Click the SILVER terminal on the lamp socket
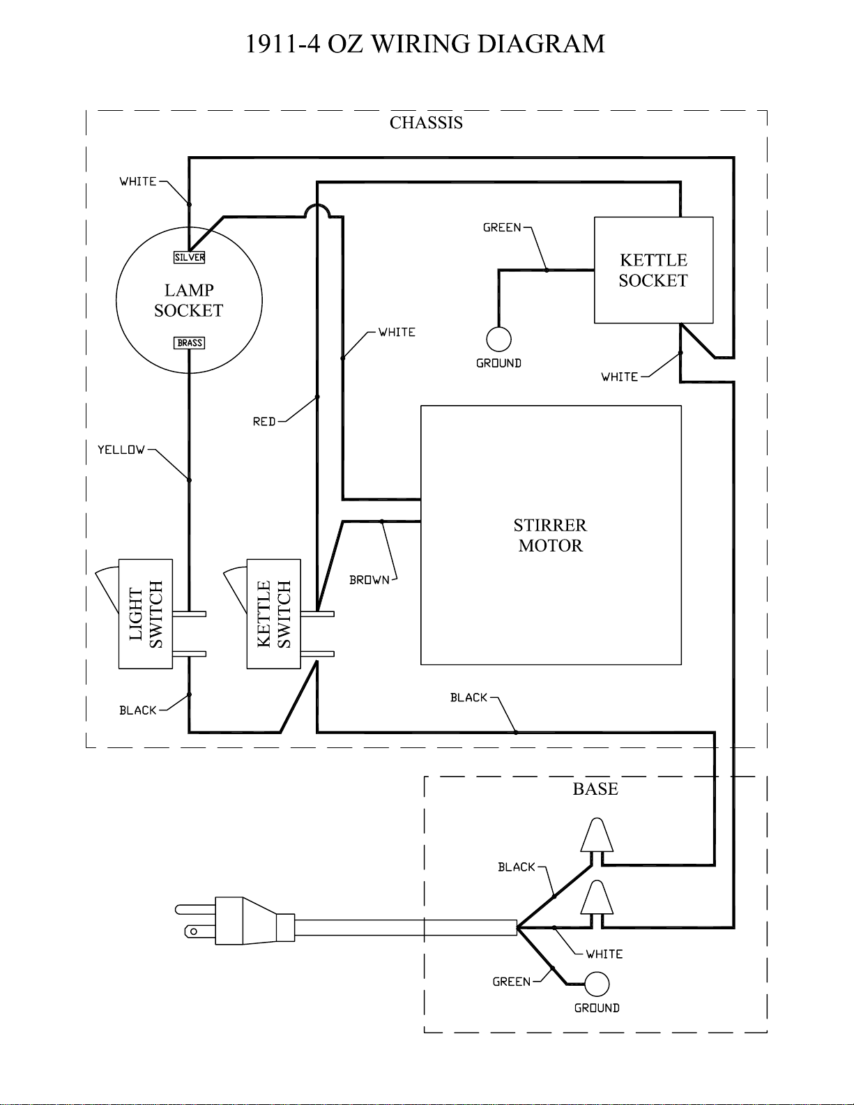tap(189, 257)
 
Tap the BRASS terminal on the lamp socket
tap(189, 343)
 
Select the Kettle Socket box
tap(654, 270)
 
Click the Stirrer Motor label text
tap(550, 535)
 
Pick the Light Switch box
tap(146, 614)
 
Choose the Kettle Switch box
tap(273, 614)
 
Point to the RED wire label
tap(264, 422)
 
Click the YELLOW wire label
tap(121, 450)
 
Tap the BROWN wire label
tap(369, 580)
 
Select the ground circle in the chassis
tap(498, 340)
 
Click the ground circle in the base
tap(597, 984)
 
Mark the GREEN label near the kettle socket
tap(502, 227)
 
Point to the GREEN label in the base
tap(512, 982)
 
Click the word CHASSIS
tap(426, 123)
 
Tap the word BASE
tap(595, 788)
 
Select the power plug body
tap(254, 921)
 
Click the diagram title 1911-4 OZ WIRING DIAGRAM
tap(425, 44)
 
